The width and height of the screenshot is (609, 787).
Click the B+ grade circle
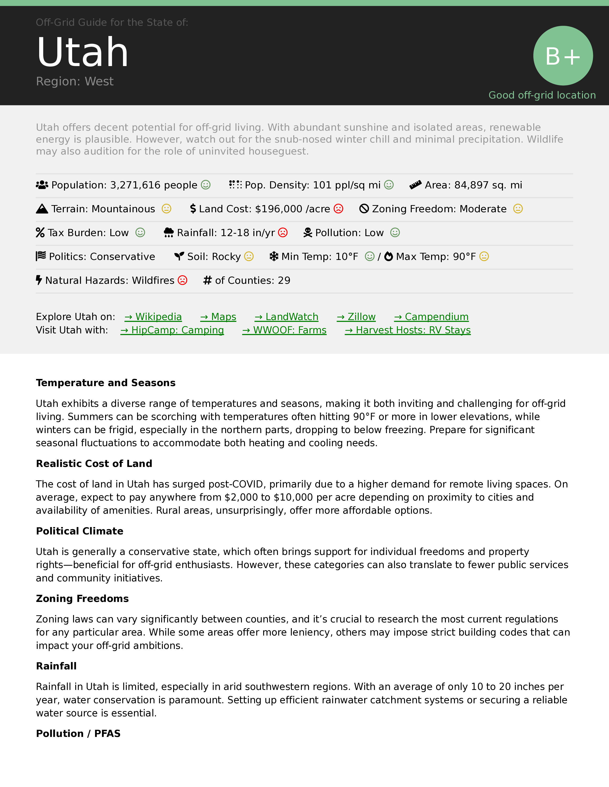coord(563,56)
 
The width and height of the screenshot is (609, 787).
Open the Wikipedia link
coord(153,317)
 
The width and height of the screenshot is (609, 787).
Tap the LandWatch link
coord(286,317)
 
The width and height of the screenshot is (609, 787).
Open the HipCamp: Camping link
coord(172,330)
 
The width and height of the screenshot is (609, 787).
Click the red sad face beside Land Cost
coord(338,209)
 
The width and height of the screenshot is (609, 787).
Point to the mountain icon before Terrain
coord(42,209)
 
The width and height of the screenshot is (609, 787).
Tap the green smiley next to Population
coord(206,185)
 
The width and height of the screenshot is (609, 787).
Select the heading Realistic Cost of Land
coord(94,463)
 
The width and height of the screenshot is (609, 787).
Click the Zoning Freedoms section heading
coord(82,599)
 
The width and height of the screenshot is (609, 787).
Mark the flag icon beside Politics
coord(41,256)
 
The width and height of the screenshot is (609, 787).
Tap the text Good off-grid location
coord(542,95)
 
